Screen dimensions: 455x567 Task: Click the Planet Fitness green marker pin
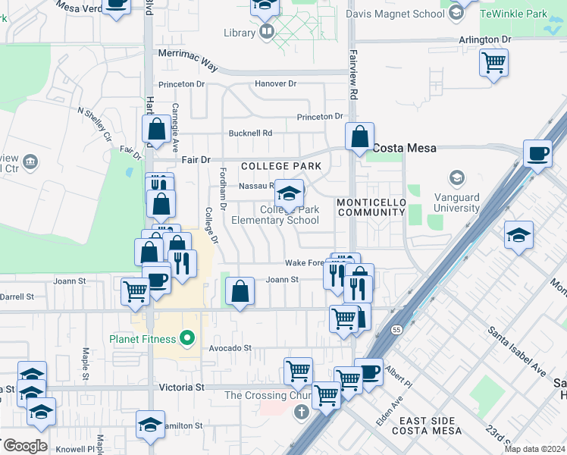[186, 337]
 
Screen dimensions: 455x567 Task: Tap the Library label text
[240, 33]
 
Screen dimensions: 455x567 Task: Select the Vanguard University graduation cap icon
[456, 178]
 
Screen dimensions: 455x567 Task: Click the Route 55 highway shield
[396, 330]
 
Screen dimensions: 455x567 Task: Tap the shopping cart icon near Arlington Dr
[493, 63]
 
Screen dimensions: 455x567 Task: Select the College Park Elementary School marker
[289, 194]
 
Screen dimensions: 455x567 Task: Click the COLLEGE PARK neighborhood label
[276, 166]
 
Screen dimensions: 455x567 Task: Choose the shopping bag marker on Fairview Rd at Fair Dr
[360, 137]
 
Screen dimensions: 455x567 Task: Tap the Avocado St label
[230, 348]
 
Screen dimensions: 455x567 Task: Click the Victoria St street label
[182, 387]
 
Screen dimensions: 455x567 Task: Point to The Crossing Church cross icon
[301, 412]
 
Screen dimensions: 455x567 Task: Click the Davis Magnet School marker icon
[456, 13]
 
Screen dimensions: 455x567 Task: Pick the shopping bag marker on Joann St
[240, 292]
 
